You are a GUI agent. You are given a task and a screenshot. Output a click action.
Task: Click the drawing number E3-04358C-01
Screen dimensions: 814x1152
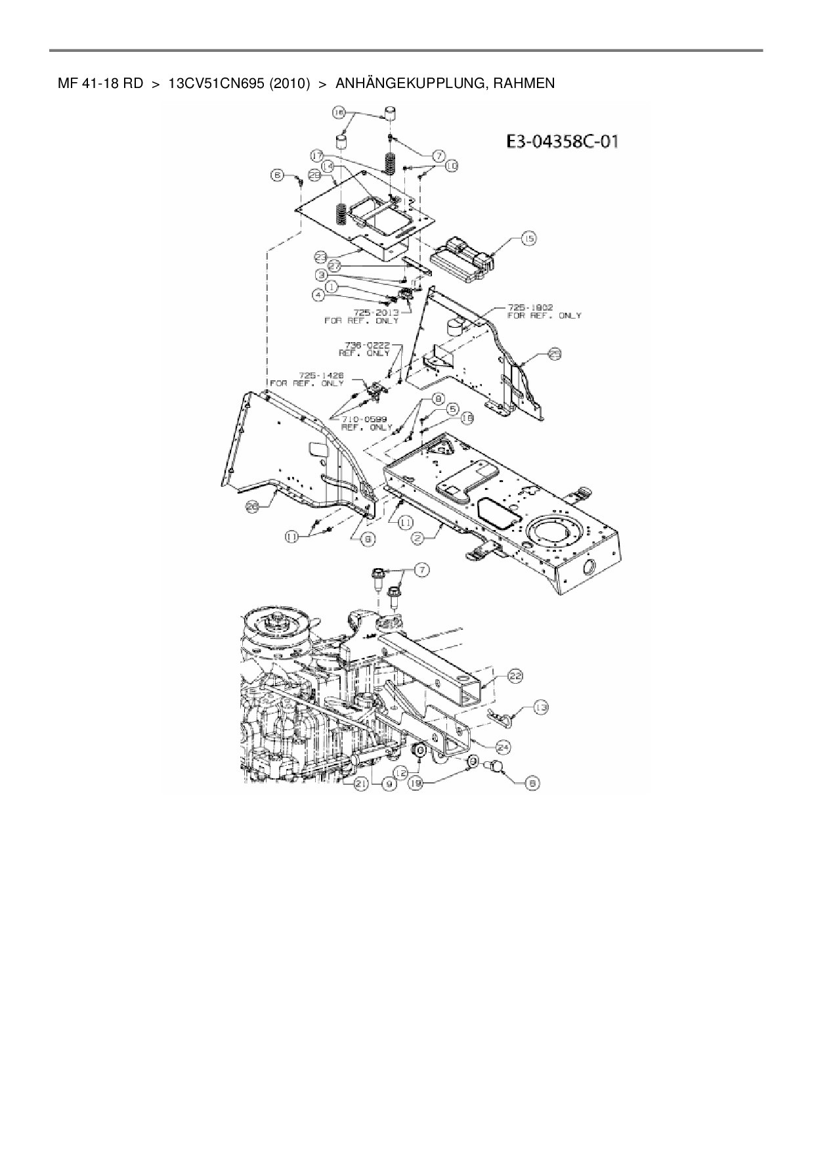[x=562, y=142]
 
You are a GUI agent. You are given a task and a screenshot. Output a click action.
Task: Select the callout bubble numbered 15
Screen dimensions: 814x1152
[x=528, y=239]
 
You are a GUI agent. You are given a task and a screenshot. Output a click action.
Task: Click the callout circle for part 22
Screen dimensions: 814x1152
[x=516, y=677]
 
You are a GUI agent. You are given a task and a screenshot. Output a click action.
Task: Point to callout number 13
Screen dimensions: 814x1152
[x=541, y=707]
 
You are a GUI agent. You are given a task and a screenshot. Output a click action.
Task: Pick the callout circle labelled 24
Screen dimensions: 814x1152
[x=504, y=747]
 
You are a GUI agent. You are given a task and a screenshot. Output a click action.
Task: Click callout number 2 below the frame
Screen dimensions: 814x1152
[x=417, y=538]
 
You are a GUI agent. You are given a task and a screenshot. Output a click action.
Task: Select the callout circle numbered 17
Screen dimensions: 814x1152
[x=317, y=156]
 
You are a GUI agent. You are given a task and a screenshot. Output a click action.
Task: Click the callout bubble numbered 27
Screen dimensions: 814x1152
[x=335, y=266]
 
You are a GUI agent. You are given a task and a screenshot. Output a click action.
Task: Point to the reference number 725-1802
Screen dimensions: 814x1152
[x=530, y=307]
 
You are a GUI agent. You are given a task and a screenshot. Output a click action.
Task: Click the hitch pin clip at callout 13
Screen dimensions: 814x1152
[x=500, y=717]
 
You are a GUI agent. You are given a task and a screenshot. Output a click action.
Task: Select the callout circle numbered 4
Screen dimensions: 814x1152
[x=319, y=296]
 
